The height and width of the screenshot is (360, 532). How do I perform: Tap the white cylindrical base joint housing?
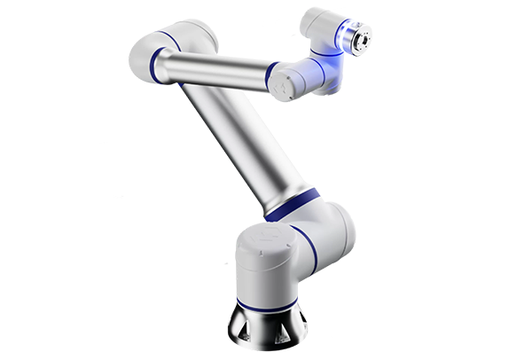pyautogui.click(x=267, y=266)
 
